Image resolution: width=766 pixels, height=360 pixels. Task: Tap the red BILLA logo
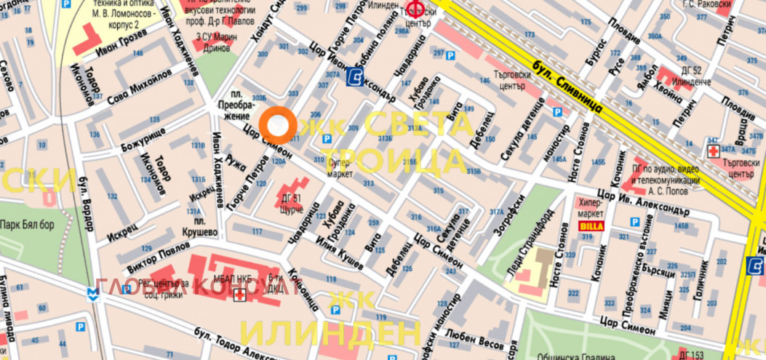click(590, 226)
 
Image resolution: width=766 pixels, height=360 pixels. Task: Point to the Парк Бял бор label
click(28, 224)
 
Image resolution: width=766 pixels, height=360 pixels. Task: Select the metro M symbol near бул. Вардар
click(92, 292)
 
